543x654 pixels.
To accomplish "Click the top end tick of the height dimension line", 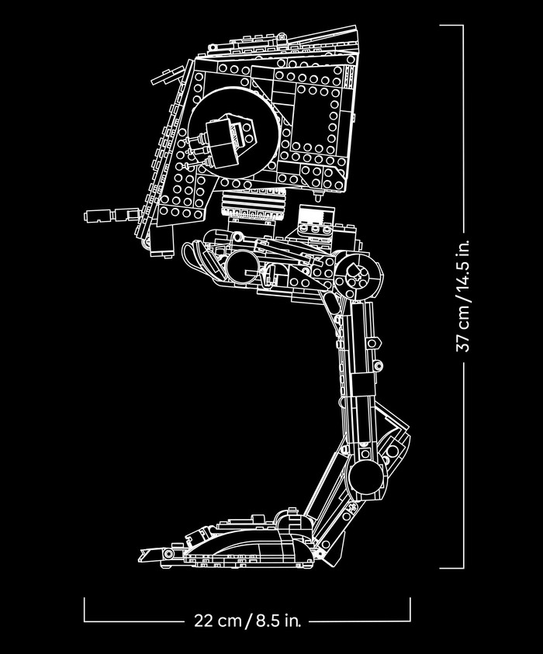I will pyautogui.click(x=451, y=25).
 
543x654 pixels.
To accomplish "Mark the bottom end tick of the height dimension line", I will pyautogui.click(x=451, y=569).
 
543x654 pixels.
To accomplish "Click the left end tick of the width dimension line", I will pyautogui.click(x=84, y=610).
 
